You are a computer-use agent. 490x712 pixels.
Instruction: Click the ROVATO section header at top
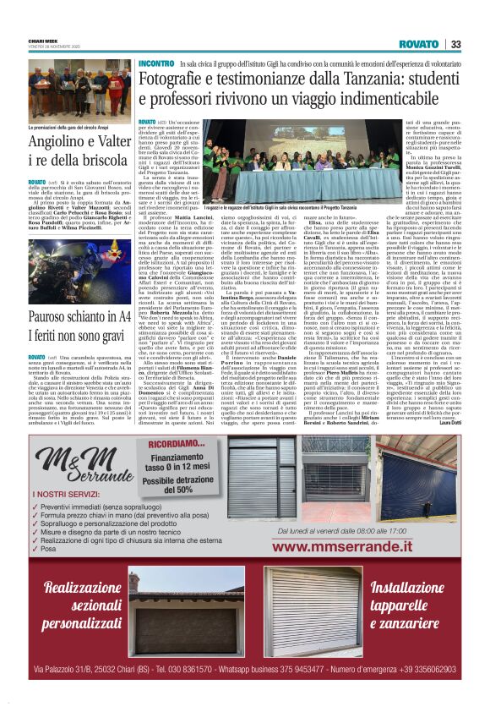(x=420, y=44)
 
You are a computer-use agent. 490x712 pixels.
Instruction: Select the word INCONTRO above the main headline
(x=156, y=63)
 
